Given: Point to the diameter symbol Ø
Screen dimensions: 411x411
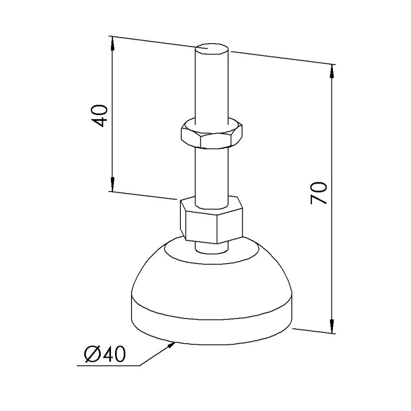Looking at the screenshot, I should [x=91, y=354].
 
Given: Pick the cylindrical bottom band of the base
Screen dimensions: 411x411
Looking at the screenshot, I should [x=211, y=324].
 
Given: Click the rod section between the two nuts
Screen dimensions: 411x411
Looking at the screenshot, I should [x=211, y=172].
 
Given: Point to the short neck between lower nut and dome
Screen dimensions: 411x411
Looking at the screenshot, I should [x=211, y=246].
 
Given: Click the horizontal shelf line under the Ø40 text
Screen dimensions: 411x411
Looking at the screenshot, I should [x=108, y=366].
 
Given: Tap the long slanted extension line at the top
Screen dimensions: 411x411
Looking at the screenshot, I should [x=277, y=57].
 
